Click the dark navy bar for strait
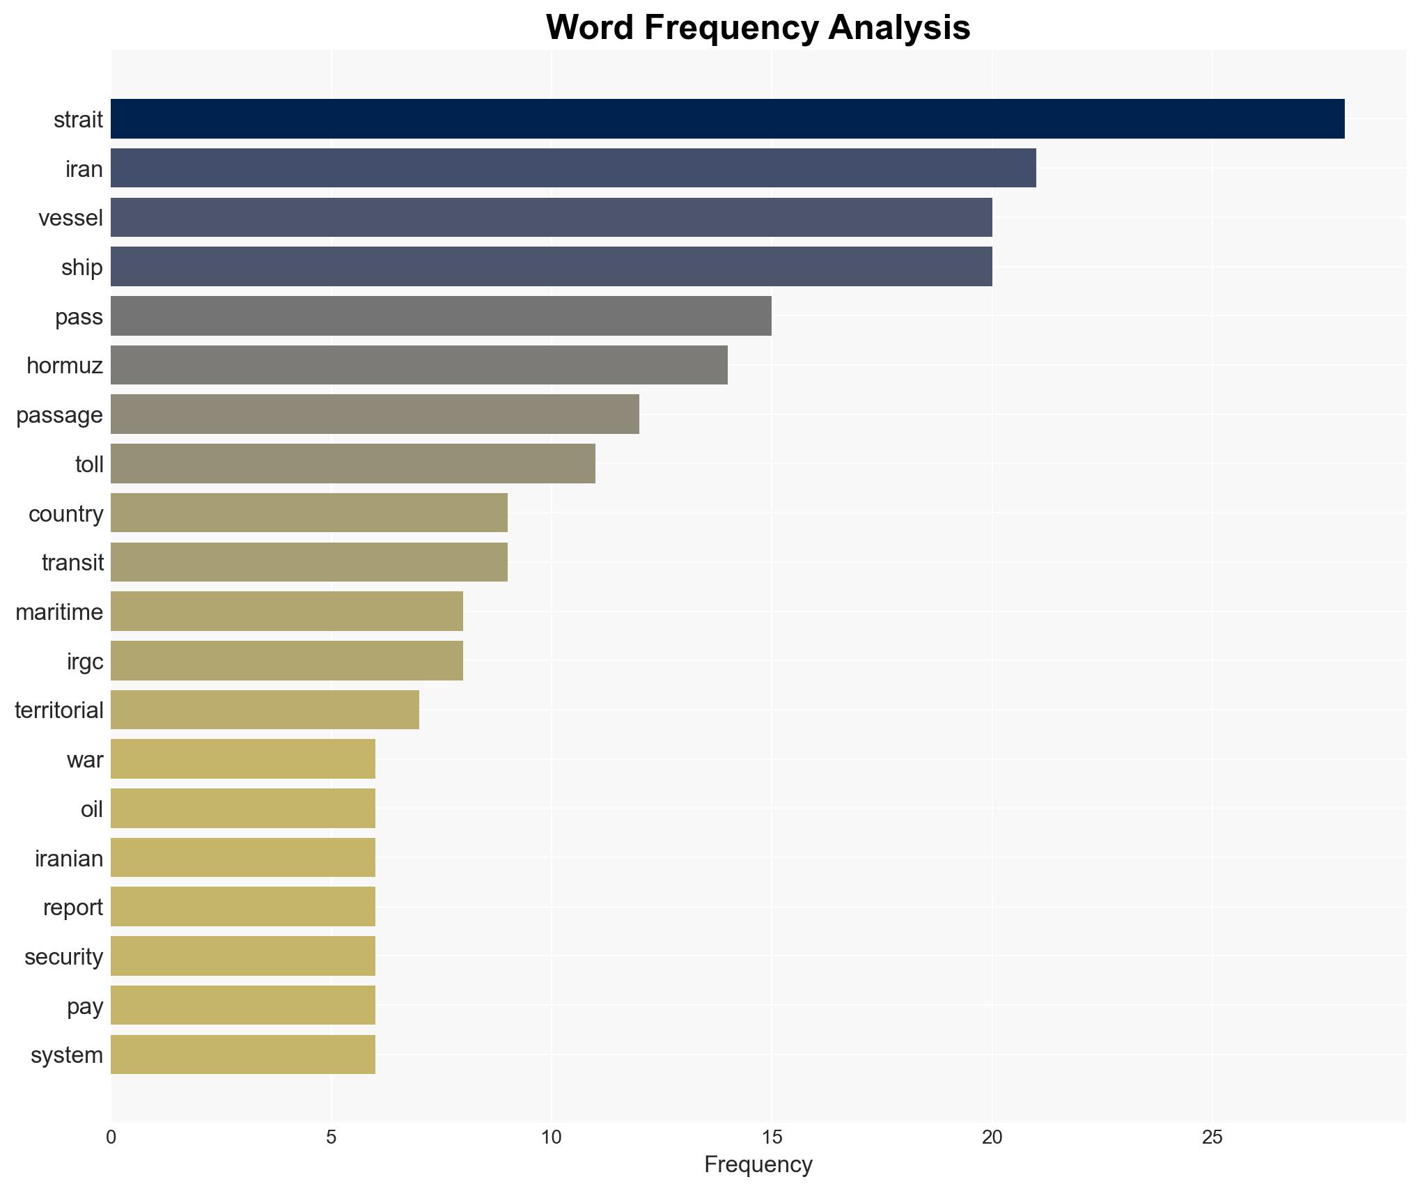[727, 119]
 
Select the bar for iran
[573, 169]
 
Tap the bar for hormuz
[419, 365]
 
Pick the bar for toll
[352, 464]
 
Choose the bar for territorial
[265, 710]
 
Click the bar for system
[242, 1054]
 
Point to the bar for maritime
[286, 612]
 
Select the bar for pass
[441, 316]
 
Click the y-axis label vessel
[70, 218]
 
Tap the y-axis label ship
[81, 267]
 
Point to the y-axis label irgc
[84, 661]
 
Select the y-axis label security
[63, 956]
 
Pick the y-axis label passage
[59, 415]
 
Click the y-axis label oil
[91, 809]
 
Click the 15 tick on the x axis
[772, 1137]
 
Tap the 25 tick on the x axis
[1212, 1137]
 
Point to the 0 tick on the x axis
[111, 1137]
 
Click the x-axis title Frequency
[758, 1165]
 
